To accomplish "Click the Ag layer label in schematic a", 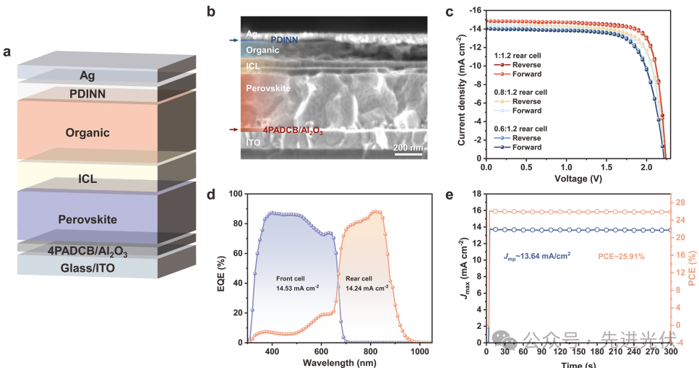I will pos(87,75).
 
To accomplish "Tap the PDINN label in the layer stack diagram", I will pos(87,94).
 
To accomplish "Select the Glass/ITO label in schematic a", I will pos(87,268).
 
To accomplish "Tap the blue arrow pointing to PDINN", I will pos(233,40).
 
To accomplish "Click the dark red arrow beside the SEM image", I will pos(233,130).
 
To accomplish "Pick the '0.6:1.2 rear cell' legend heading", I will pos(520,128).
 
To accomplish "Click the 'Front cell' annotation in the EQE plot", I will pos(293,278).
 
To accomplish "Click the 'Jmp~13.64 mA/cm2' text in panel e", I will pos(536,256).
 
